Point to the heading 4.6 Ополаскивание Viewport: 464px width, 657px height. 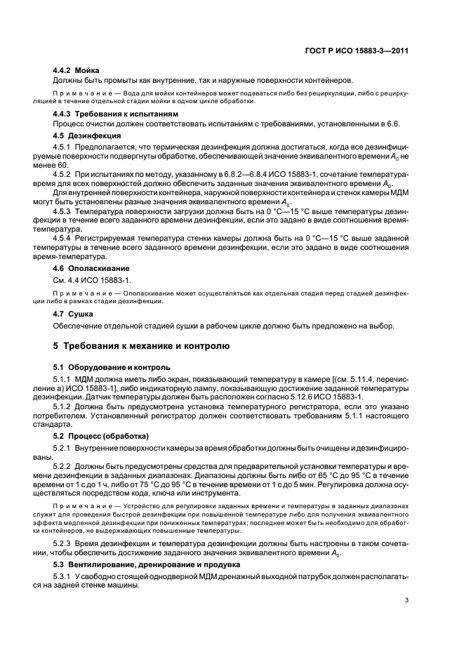tap(92, 268)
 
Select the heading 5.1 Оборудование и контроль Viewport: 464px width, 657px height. tap(112, 367)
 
